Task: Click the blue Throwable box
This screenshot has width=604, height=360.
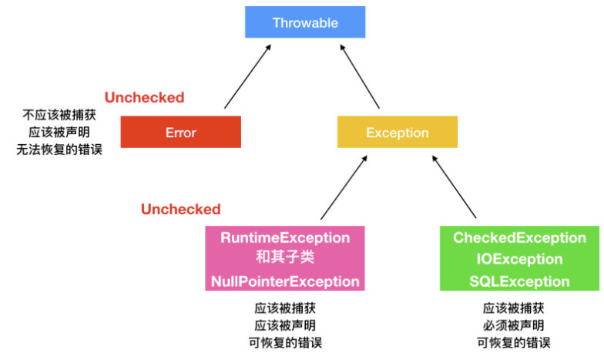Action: (x=305, y=22)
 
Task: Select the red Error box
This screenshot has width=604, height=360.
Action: (x=180, y=132)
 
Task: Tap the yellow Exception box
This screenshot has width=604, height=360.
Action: (x=398, y=132)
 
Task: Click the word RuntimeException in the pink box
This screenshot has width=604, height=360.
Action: (x=285, y=237)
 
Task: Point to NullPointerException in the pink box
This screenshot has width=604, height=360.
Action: (x=285, y=281)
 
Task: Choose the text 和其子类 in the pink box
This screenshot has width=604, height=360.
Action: (x=285, y=257)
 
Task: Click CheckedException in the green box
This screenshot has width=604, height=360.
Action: (x=519, y=237)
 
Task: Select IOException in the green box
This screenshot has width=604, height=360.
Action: (x=519, y=259)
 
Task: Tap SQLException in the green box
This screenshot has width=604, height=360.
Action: (x=519, y=281)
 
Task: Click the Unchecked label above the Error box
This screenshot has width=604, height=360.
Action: (x=145, y=97)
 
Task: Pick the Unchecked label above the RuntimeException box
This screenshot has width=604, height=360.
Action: (x=180, y=209)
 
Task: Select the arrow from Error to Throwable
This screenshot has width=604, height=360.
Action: (x=248, y=76)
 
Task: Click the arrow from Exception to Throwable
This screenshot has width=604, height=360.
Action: (x=360, y=76)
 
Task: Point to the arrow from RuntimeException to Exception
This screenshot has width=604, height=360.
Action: (x=344, y=187)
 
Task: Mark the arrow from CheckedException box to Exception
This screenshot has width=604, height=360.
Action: (x=455, y=187)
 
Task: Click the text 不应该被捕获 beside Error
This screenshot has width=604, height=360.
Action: (x=59, y=115)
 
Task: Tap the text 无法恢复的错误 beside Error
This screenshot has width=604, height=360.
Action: (x=59, y=150)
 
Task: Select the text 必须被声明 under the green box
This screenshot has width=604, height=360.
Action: (x=513, y=325)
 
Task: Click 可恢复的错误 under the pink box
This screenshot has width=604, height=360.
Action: (x=285, y=342)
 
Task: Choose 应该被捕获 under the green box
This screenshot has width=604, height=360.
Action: (x=513, y=308)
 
